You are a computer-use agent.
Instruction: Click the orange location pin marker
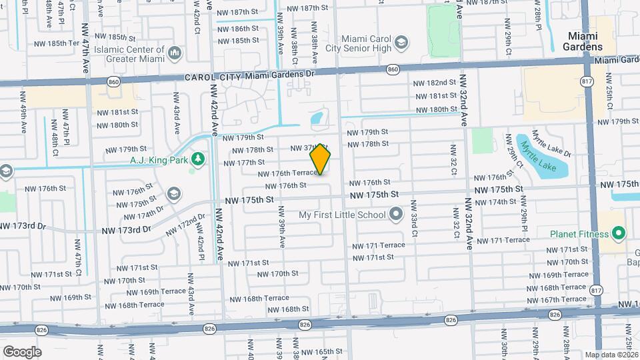(x=321, y=159)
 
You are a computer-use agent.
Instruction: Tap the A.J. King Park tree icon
(x=197, y=159)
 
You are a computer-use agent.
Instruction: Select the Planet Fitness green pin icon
(x=618, y=234)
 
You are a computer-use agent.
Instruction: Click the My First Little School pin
(x=396, y=215)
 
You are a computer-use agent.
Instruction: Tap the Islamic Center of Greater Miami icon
(x=175, y=52)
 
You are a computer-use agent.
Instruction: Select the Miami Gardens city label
(x=585, y=41)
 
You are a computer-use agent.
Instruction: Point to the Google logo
(x=22, y=351)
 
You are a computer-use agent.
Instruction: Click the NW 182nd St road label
(x=435, y=83)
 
